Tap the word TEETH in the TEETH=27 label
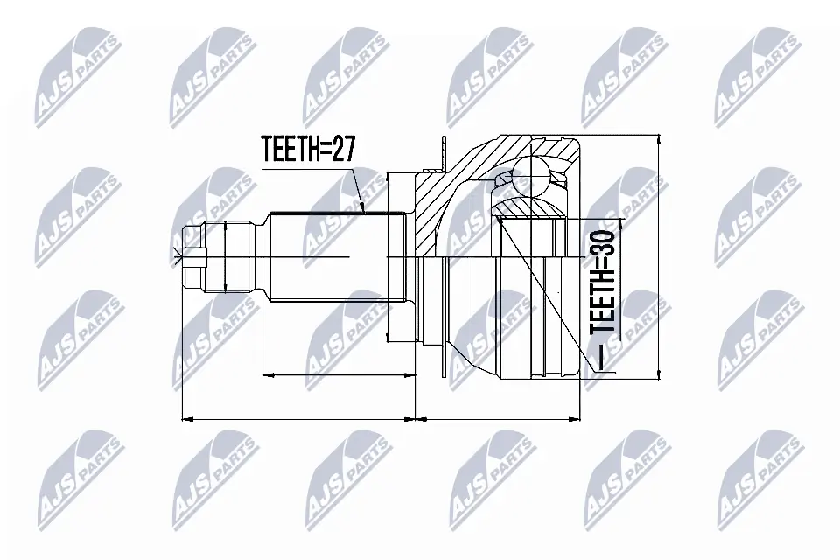(x=290, y=150)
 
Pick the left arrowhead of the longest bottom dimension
(x=185, y=419)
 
